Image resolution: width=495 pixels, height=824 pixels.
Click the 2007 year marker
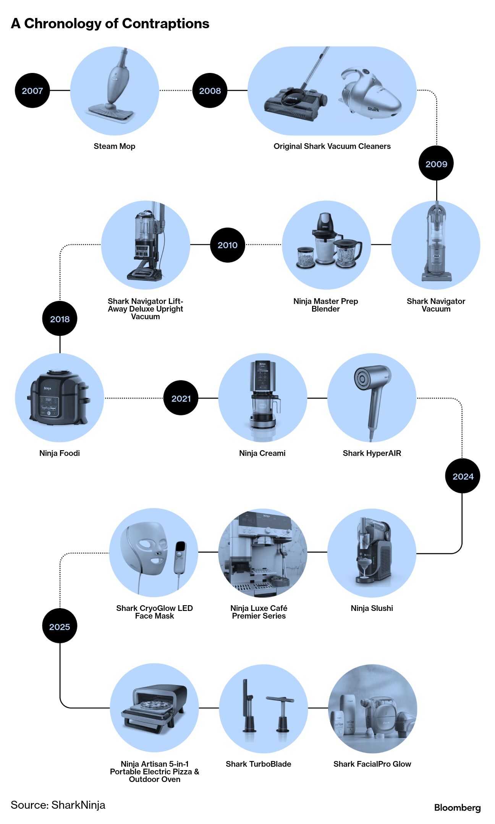[x=32, y=90]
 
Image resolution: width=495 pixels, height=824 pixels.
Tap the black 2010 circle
[x=228, y=245]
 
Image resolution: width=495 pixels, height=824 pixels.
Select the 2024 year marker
[x=463, y=476]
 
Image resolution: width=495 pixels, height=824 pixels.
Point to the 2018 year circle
[x=60, y=319]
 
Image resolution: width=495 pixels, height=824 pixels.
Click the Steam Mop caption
[x=114, y=146]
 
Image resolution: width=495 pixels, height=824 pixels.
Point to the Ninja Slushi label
[x=372, y=608]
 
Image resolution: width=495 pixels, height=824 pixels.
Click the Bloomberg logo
[x=457, y=808]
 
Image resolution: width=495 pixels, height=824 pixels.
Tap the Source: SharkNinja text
[x=58, y=805]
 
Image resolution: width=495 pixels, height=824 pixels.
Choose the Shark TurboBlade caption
[x=258, y=764]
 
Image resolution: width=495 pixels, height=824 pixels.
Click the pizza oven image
[x=154, y=708]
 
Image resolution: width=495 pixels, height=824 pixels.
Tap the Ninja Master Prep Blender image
[x=327, y=244]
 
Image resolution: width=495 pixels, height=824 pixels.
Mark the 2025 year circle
[x=60, y=627]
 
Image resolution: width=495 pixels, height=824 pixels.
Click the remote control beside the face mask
[x=180, y=557]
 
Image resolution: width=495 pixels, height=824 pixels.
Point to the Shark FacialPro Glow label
[x=372, y=764]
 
